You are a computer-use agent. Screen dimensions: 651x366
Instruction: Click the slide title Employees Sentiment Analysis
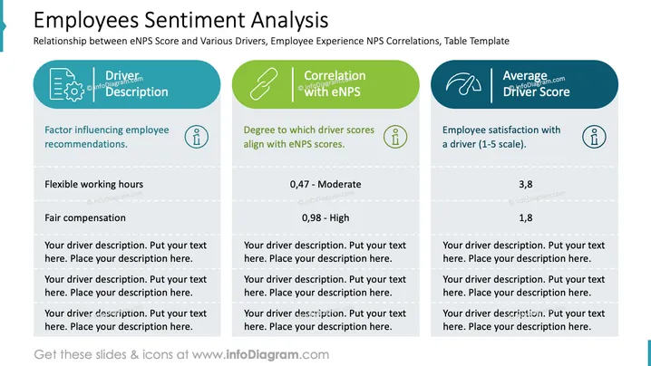[180, 20]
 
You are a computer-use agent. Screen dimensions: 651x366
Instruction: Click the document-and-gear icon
[66, 84]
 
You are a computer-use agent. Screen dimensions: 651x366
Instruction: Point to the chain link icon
[264, 84]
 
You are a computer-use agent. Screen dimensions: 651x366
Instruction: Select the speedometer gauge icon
[463, 84]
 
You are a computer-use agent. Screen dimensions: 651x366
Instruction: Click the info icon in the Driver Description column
[197, 137]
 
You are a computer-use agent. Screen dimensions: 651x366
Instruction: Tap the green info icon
[395, 137]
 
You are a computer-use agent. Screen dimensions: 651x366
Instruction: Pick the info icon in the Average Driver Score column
[594, 137]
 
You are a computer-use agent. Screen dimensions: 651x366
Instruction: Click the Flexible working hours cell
[93, 184]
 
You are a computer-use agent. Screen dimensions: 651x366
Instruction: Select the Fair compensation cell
[85, 217]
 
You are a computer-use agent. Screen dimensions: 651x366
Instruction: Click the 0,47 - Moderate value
[325, 184]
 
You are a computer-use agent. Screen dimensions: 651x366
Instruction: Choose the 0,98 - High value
[325, 217]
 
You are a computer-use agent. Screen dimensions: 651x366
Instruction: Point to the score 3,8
[525, 184]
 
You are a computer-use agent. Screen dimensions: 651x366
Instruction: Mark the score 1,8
[525, 217]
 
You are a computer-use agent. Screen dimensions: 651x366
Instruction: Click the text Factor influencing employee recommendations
[107, 137]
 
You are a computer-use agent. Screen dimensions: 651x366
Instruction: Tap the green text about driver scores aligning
[309, 137]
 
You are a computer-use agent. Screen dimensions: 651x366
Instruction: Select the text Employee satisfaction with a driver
[501, 137]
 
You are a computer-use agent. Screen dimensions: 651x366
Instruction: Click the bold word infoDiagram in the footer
[262, 355]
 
